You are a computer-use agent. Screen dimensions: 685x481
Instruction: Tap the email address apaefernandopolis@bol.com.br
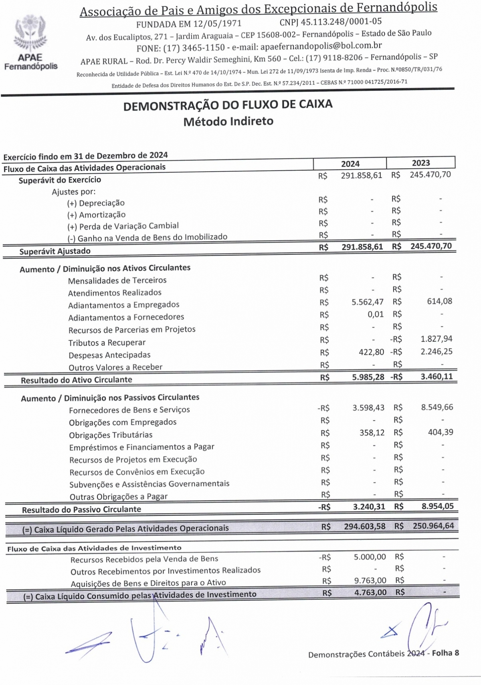click(321, 46)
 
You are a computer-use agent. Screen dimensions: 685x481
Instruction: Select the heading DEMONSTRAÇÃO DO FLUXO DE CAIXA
click(228, 105)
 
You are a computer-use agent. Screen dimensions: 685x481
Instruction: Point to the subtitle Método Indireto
click(228, 121)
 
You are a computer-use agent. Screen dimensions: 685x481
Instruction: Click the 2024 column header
click(350, 164)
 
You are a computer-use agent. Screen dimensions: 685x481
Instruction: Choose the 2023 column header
click(420, 163)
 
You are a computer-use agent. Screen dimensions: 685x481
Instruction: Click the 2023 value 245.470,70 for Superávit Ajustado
click(431, 246)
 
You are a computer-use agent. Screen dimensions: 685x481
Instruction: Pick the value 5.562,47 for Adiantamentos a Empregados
click(368, 302)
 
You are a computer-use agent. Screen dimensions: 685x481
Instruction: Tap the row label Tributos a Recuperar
click(107, 343)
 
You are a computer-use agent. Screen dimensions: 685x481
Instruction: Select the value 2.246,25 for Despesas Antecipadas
click(436, 352)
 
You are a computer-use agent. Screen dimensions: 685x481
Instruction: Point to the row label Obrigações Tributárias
click(111, 435)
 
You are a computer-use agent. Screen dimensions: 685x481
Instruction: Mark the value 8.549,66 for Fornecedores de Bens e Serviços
click(437, 407)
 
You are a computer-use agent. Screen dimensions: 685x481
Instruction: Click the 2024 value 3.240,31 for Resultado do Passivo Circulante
click(369, 507)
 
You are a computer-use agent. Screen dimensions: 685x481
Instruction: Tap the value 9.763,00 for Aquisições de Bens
click(370, 580)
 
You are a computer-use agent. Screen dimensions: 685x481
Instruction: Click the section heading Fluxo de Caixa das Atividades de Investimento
click(94, 548)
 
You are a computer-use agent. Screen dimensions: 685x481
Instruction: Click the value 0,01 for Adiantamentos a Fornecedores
click(376, 314)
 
